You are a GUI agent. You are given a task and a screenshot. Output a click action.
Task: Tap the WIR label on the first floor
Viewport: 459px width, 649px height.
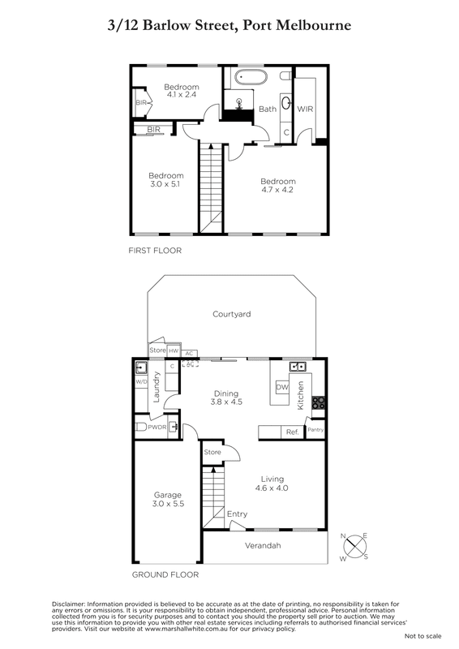click(305, 109)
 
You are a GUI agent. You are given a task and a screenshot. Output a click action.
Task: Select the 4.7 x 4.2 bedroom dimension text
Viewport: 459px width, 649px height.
click(277, 190)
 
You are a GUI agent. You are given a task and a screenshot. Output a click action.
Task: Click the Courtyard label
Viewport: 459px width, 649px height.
click(231, 314)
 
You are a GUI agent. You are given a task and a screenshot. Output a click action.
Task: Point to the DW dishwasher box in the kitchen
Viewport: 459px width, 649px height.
click(282, 387)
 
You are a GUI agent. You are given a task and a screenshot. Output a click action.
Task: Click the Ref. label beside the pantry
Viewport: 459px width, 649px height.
click(292, 432)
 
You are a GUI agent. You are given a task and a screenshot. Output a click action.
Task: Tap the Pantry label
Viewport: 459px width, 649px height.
click(315, 430)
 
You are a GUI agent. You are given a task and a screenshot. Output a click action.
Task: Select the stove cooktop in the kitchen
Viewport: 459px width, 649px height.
click(318, 402)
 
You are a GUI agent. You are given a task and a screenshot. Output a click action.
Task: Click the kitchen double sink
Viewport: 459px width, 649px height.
click(298, 366)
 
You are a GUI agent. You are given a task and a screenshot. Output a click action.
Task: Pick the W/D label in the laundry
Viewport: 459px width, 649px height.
click(141, 381)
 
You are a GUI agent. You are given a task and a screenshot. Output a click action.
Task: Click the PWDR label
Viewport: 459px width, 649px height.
click(157, 427)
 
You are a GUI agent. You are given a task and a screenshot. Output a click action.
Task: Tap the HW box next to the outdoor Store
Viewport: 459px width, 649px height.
click(174, 351)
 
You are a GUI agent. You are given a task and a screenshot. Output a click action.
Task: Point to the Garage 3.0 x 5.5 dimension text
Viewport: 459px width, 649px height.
click(168, 504)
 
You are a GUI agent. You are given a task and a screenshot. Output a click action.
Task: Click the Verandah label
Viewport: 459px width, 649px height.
click(263, 545)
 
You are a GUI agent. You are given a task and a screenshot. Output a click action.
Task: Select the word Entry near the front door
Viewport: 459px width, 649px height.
click(237, 514)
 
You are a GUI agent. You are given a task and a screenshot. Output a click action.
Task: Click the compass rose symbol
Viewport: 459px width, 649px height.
click(354, 546)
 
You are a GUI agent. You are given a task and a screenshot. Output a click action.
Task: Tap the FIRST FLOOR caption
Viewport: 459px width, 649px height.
click(155, 251)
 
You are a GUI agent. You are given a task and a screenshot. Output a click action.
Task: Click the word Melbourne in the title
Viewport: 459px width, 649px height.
click(313, 26)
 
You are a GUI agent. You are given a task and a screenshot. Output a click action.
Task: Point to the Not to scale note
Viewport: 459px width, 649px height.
click(423, 636)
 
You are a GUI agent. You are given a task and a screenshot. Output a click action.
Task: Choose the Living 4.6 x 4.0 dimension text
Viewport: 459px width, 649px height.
click(272, 488)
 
